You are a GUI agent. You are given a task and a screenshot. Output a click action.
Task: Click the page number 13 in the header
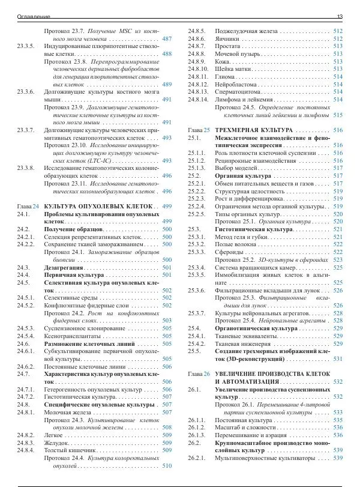tap(340, 16)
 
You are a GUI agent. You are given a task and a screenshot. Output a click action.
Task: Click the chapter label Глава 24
tap(28, 206)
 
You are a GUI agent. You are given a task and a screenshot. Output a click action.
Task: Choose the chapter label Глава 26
tap(198, 374)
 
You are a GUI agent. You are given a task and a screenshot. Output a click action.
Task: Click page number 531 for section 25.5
tap(338, 358)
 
